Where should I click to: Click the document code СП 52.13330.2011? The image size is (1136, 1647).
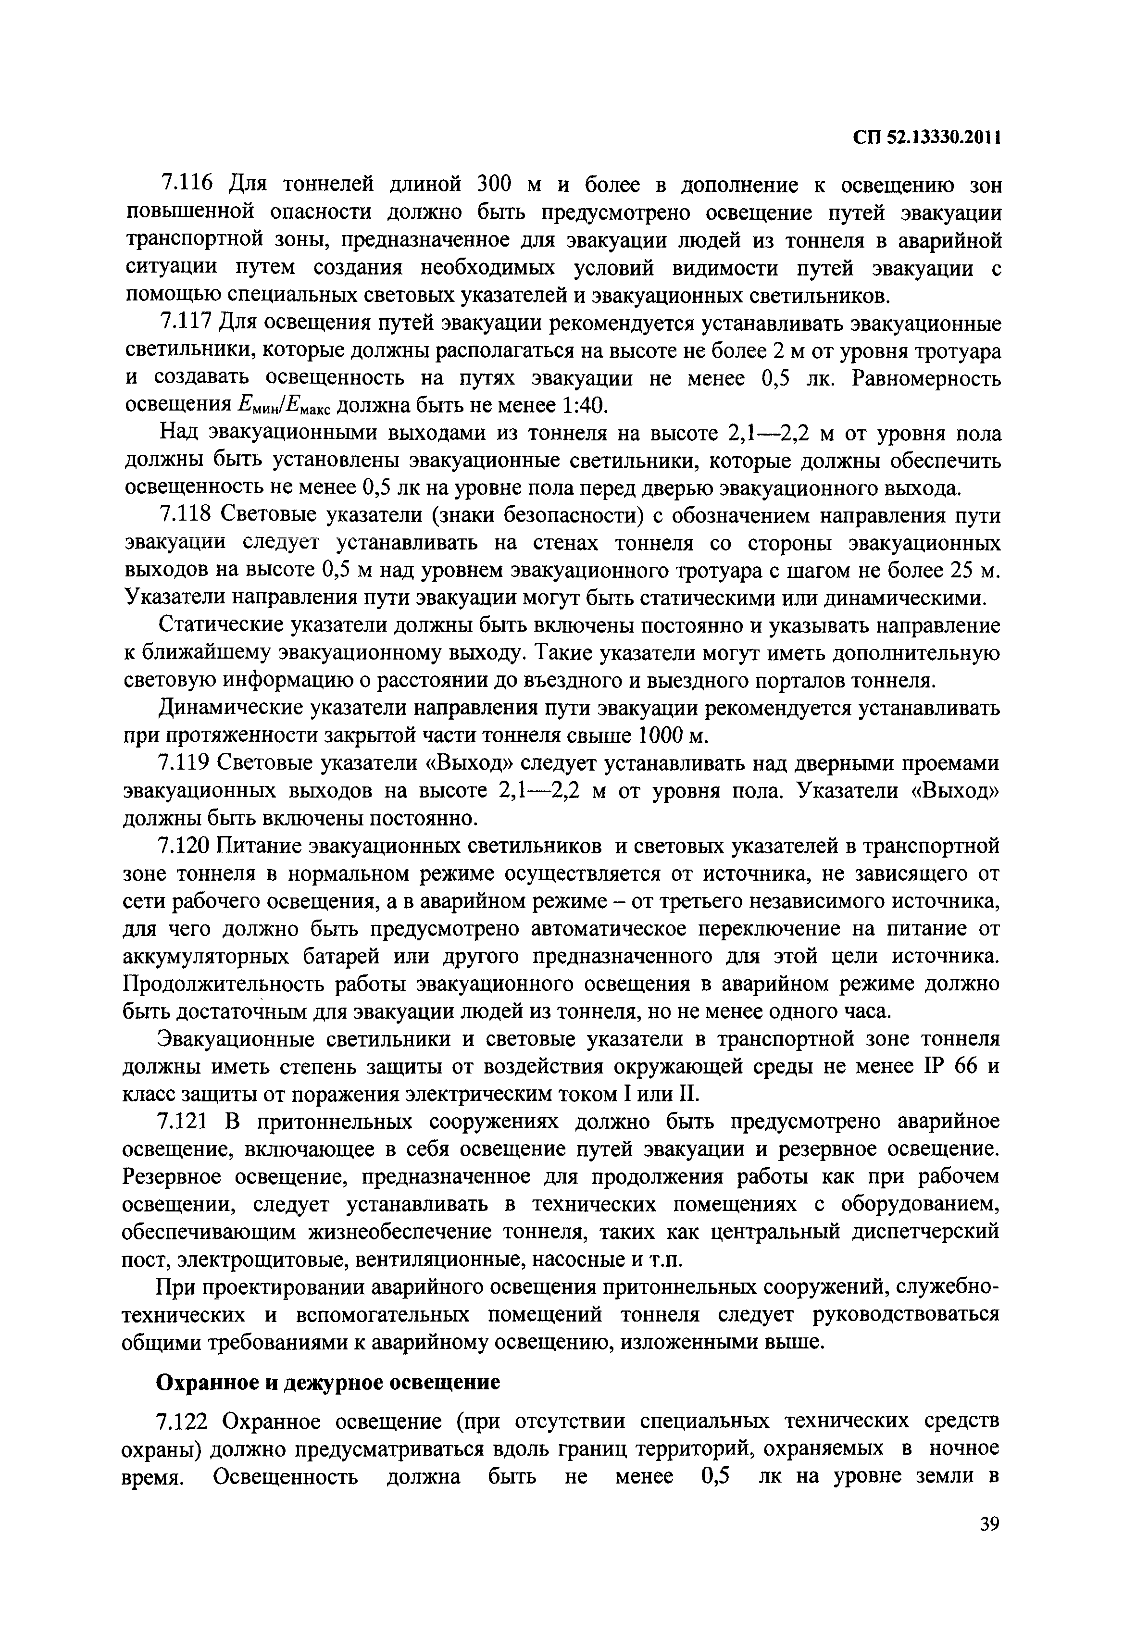(x=927, y=137)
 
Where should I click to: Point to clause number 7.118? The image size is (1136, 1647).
(x=184, y=515)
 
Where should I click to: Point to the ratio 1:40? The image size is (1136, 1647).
(x=583, y=406)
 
